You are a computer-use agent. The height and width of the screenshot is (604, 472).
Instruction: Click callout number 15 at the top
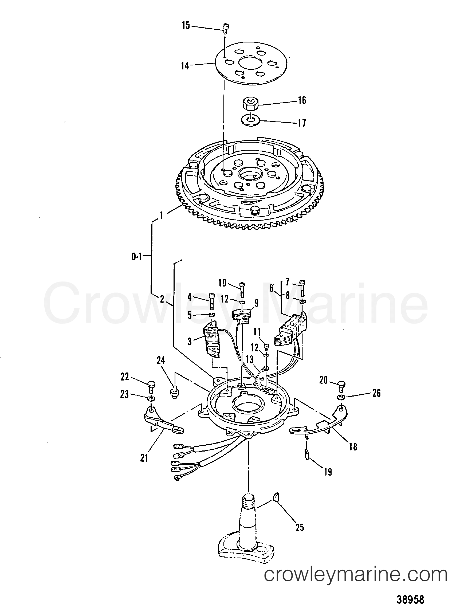tap(186, 26)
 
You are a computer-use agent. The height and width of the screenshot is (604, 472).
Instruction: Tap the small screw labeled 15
tap(226, 29)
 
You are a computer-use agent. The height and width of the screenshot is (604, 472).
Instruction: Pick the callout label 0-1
tap(137, 257)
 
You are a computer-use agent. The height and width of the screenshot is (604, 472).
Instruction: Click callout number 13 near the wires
tap(249, 360)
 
